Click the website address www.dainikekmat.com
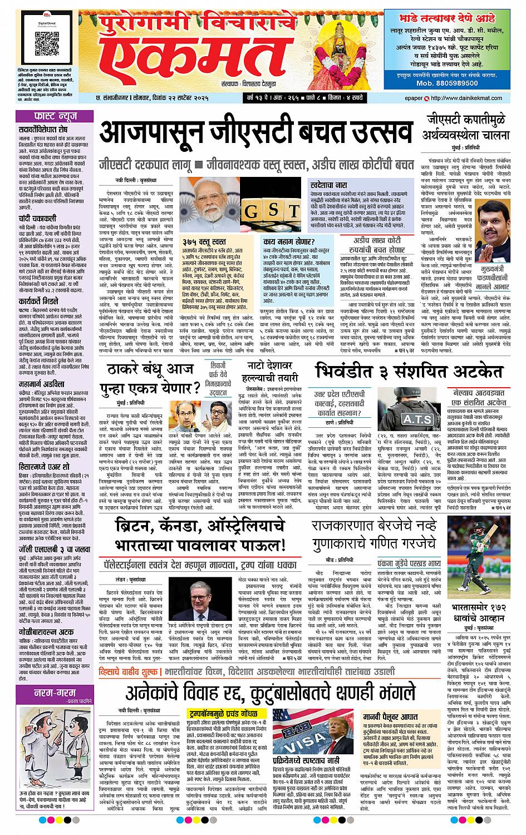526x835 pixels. (x=475, y=99)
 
